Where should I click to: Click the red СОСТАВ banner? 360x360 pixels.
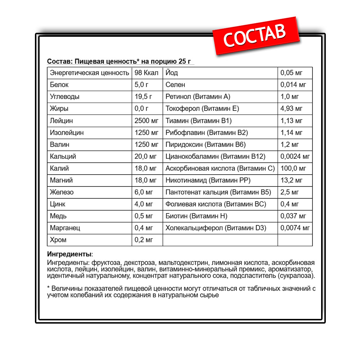[x=255, y=35]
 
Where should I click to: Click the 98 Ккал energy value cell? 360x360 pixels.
[x=146, y=73]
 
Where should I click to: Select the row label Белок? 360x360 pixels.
[x=59, y=85]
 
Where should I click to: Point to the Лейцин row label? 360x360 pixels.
[x=62, y=121]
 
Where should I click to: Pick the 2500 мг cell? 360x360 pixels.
[x=146, y=121]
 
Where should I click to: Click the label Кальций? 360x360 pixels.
[x=63, y=157]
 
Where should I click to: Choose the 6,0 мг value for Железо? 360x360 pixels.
[x=144, y=192]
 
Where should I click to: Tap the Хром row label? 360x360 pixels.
[x=58, y=240]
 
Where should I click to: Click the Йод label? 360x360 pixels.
[x=172, y=73]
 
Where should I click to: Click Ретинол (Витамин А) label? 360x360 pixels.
[x=198, y=97]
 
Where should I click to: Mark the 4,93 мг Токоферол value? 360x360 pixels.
[x=292, y=109]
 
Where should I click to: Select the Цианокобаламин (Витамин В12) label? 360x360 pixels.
[x=215, y=157]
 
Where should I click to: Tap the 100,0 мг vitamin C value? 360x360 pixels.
[x=293, y=168]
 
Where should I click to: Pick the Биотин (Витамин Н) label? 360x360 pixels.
[x=196, y=216]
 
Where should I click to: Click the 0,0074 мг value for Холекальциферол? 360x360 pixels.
[x=295, y=228]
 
